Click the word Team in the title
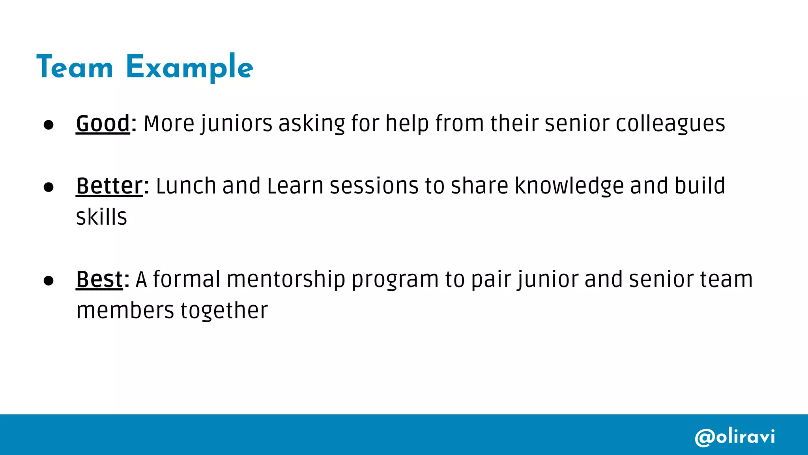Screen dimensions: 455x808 tap(75, 67)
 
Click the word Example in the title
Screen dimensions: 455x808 tap(189, 68)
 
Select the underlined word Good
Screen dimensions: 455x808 tap(103, 123)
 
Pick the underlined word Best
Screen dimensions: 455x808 tap(99, 279)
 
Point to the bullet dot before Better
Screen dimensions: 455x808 tap(49, 187)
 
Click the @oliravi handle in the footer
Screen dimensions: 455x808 tap(735, 437)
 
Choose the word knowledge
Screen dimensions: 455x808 tap(569, 186)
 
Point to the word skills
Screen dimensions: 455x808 tap(101, 217)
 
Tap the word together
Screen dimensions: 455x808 tap(224, 311)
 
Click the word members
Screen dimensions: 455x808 tap(125, 310)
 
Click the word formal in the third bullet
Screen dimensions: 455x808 tap(187, 279)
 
